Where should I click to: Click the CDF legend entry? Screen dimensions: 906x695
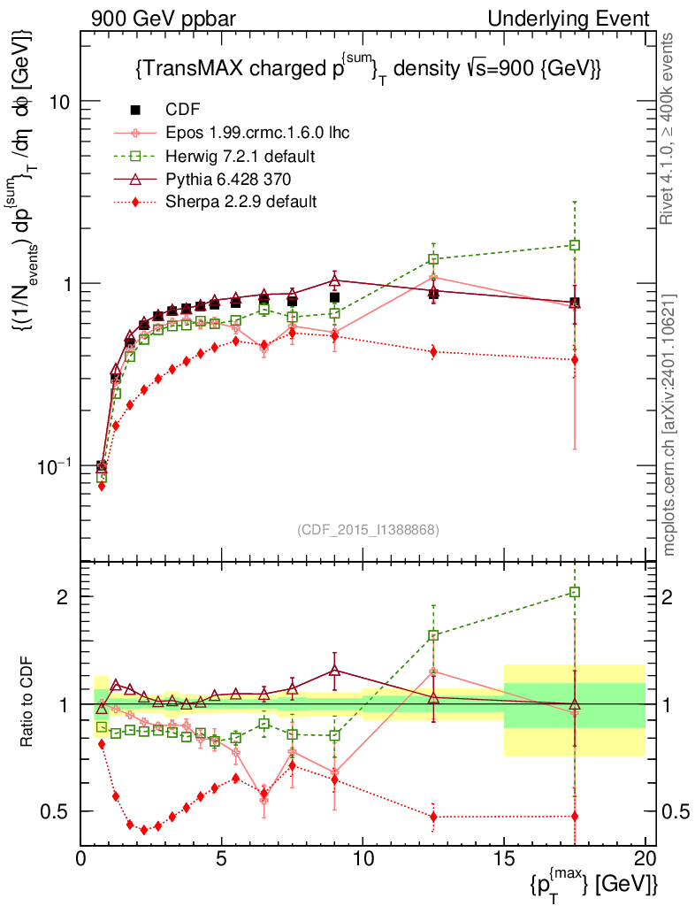coord(182,110)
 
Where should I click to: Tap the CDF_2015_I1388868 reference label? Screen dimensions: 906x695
coord(368,529)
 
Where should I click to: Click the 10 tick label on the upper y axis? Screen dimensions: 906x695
coord(60,102)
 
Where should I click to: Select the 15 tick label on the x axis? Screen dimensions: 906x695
coord(504,859)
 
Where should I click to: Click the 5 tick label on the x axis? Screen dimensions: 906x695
coord(222,859)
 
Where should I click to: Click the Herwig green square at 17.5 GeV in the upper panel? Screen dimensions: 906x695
coord(575,245)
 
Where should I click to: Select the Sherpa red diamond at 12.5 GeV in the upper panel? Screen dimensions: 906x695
coord(433,351)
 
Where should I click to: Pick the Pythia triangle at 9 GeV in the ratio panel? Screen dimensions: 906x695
coord(334,671)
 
